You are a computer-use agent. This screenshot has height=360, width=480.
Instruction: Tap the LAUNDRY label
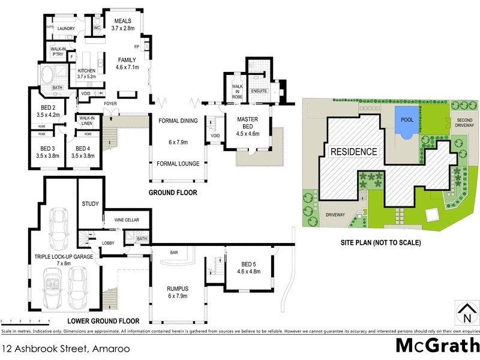click(66, 28)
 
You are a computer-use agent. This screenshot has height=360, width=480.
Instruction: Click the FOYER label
click(110, 104)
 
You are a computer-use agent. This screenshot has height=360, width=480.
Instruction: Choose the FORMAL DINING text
click(178, 121)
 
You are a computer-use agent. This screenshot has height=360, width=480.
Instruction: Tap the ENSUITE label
click(259, 91)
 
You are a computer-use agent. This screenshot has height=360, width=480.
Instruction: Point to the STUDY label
click(91, 204)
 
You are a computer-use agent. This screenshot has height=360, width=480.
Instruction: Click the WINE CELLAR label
click(127, 220)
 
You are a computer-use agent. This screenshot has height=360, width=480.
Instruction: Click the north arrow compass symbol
click(466, 312)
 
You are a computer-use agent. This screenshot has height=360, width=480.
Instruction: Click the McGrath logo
click(437, 346)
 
